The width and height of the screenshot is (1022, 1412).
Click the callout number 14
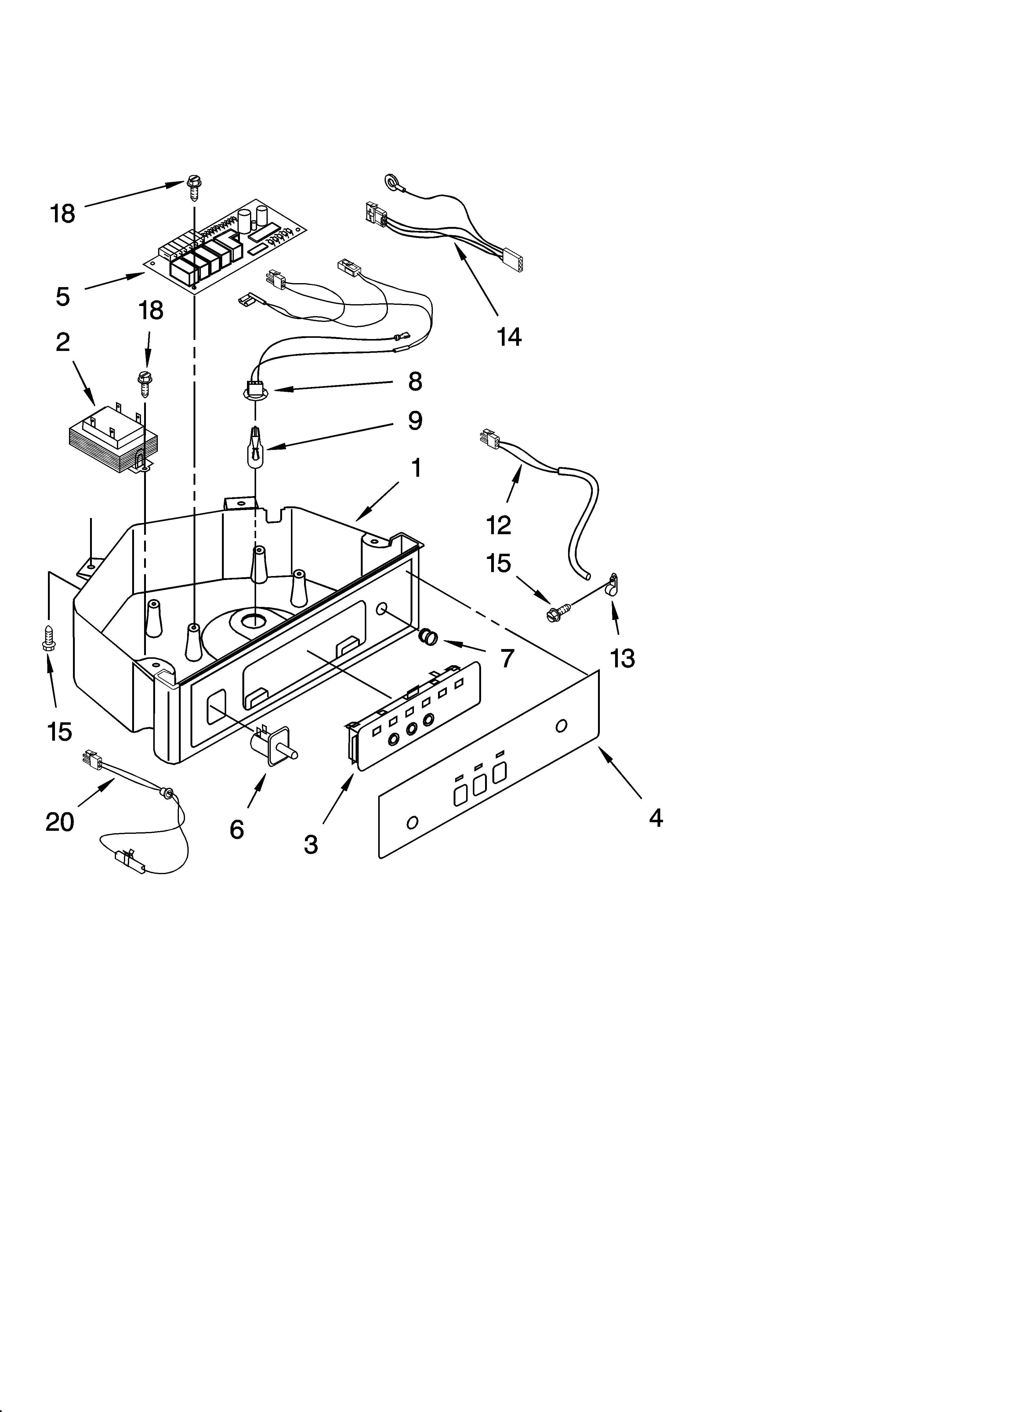(509, 337)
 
